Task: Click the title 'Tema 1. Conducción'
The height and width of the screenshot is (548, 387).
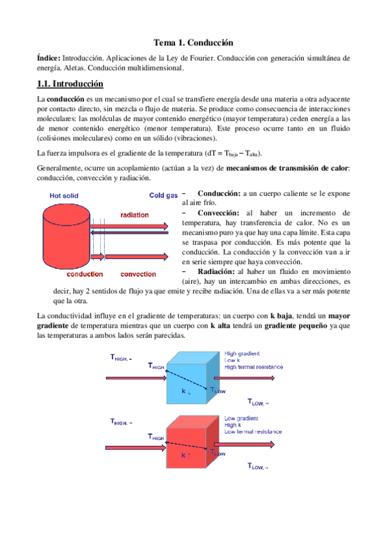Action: coord(193,43)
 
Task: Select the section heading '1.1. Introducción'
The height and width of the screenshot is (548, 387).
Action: coord(70,84)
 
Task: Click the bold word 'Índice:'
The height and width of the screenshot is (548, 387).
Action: coord(48,58)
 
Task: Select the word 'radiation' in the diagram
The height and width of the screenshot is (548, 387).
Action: coord(134,215)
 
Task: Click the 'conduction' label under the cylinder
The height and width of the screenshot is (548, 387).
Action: coord(67,273)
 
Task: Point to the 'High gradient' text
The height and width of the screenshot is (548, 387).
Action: coord(242,353)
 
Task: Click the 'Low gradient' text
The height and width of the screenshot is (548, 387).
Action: coord(242,418)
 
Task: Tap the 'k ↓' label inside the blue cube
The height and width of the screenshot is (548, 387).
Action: coord(186,392)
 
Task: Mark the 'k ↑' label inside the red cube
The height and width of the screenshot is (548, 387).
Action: coord(186,456)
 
